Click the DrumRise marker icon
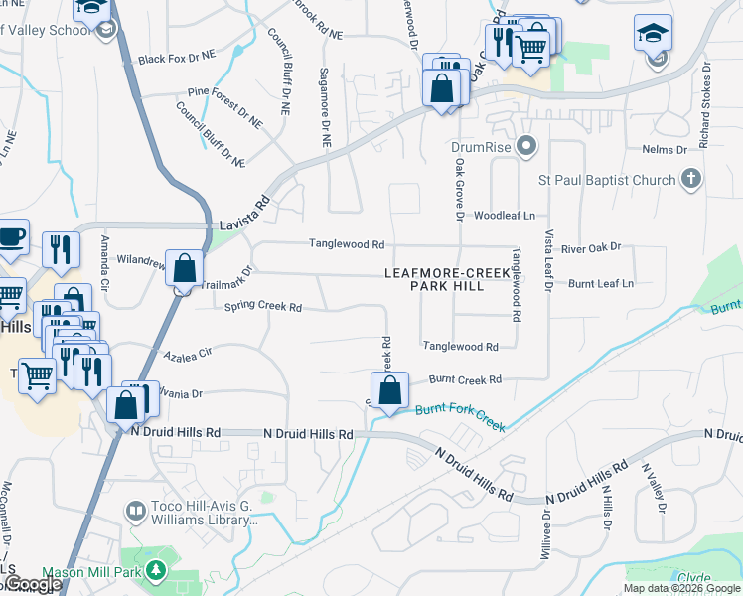coord(527,147)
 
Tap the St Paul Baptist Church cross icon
coord(691,180)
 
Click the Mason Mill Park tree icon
coord(155,571)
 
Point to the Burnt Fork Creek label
coord(461,417)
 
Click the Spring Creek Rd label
coord(262,307)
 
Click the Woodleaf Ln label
coord(504,216)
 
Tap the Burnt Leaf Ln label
coord(601,283)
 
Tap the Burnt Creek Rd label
coord(465,379)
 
